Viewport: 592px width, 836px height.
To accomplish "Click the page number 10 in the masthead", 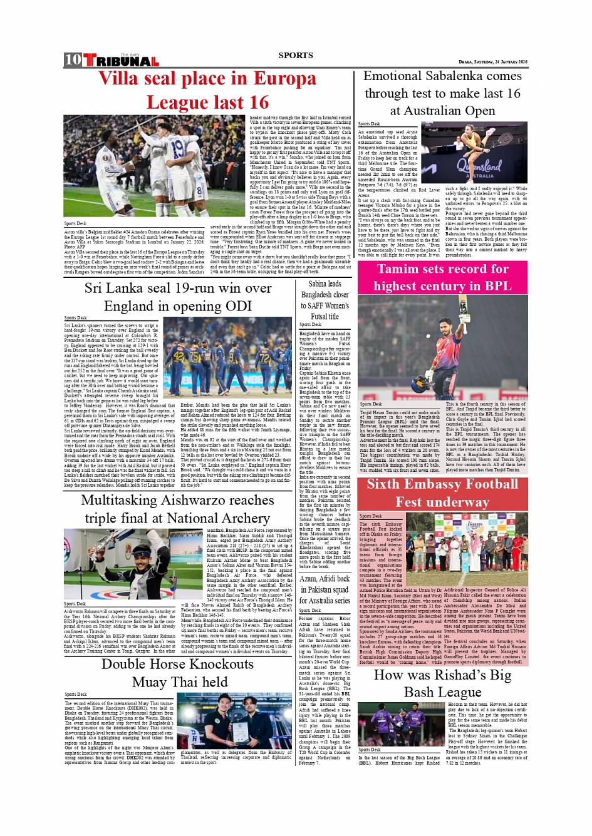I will (x=73, y=59).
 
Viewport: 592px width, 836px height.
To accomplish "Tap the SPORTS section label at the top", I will (x=296, y=55).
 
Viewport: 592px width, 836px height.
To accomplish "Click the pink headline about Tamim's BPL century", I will (x=442, y=277).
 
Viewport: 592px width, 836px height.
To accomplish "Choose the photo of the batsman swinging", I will (x=442, y=347).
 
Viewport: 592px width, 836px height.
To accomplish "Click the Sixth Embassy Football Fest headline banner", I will (x=442, y=493).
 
